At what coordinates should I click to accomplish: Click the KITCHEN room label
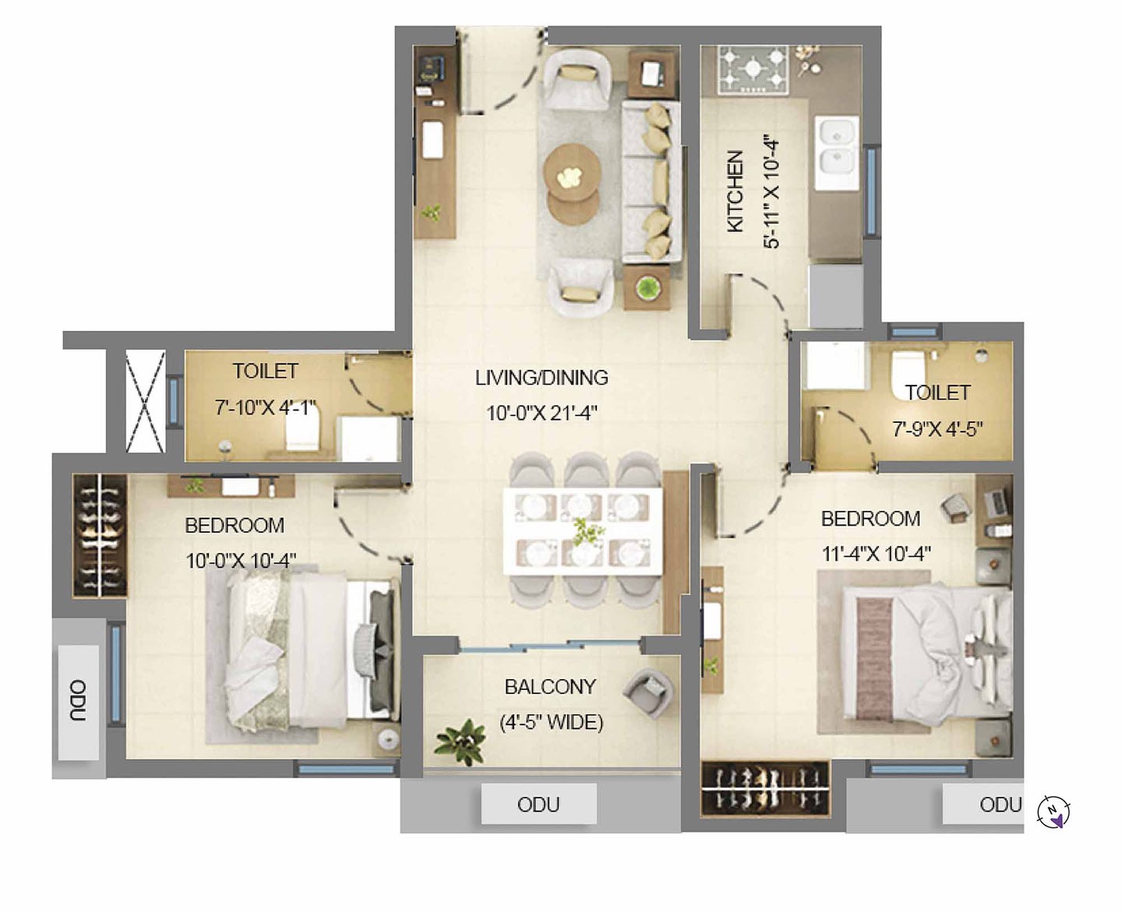click(x=736, y=191)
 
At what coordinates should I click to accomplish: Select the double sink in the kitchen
click(x=837, y=153)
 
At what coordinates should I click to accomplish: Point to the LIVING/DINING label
click(x=542, y=378)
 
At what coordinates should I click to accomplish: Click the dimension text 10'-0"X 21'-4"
click(x=542, y=413)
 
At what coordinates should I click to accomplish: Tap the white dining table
click(x=583, y=531)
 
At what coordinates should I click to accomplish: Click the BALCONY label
click(x=550, y=687)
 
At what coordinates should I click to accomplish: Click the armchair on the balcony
click(x=648, y=693)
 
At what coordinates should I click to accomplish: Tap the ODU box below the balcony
click(x=538, y=804)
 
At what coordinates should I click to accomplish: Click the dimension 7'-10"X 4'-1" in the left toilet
click(x=264, y=407)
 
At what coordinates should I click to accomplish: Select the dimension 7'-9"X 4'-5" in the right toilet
click(x=937, y=429)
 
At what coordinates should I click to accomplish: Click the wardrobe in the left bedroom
click(x=100, y=535)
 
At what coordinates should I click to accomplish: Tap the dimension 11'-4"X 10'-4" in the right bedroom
click(x=877, y=554)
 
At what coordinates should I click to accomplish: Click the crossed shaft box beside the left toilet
click(x=146, y=402)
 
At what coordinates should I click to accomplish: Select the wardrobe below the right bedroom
click(x=765, y=787)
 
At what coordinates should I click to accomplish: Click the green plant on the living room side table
click(x=647, y=287)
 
